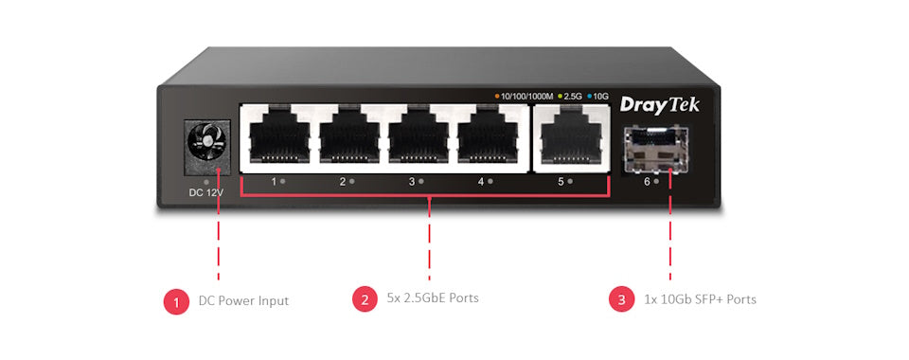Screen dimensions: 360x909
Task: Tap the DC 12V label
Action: click(206, 193)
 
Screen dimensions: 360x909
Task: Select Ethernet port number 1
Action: click(276, 138)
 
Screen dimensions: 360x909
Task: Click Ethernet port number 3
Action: click(419, 138)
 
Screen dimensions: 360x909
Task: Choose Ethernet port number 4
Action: click(489, 138)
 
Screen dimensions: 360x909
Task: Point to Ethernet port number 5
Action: click(569, 138)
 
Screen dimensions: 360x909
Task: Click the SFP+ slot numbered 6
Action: click(654, 147)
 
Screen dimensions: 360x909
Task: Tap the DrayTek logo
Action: click(659, 104)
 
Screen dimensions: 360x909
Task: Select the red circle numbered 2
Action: click(365, 299)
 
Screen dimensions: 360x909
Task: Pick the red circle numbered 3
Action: click(621, 299)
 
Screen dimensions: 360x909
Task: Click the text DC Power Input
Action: click(243, 300)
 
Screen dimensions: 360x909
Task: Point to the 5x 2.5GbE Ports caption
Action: click(433, 298)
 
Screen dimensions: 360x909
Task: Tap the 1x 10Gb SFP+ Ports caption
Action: click(700, 299)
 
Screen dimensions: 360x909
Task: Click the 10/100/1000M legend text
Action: click(526, 97)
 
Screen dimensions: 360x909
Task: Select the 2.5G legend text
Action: click(573, 97)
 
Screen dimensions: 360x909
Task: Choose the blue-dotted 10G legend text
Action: click(600, 97)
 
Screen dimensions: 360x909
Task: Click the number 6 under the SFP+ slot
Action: click(647, 181)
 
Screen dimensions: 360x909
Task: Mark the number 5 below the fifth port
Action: click(561, 181)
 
